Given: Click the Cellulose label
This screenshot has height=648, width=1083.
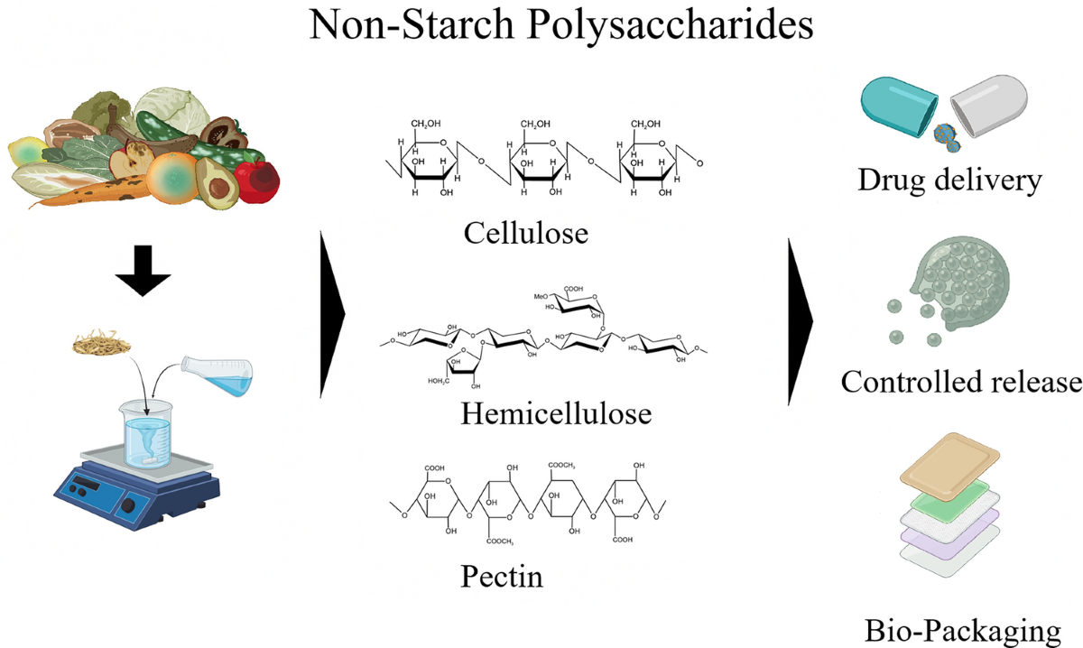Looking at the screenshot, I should click(525, 233).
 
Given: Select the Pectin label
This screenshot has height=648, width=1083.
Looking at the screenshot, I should click(503, 575).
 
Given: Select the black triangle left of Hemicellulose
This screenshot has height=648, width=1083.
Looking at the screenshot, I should click(333, 314).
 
